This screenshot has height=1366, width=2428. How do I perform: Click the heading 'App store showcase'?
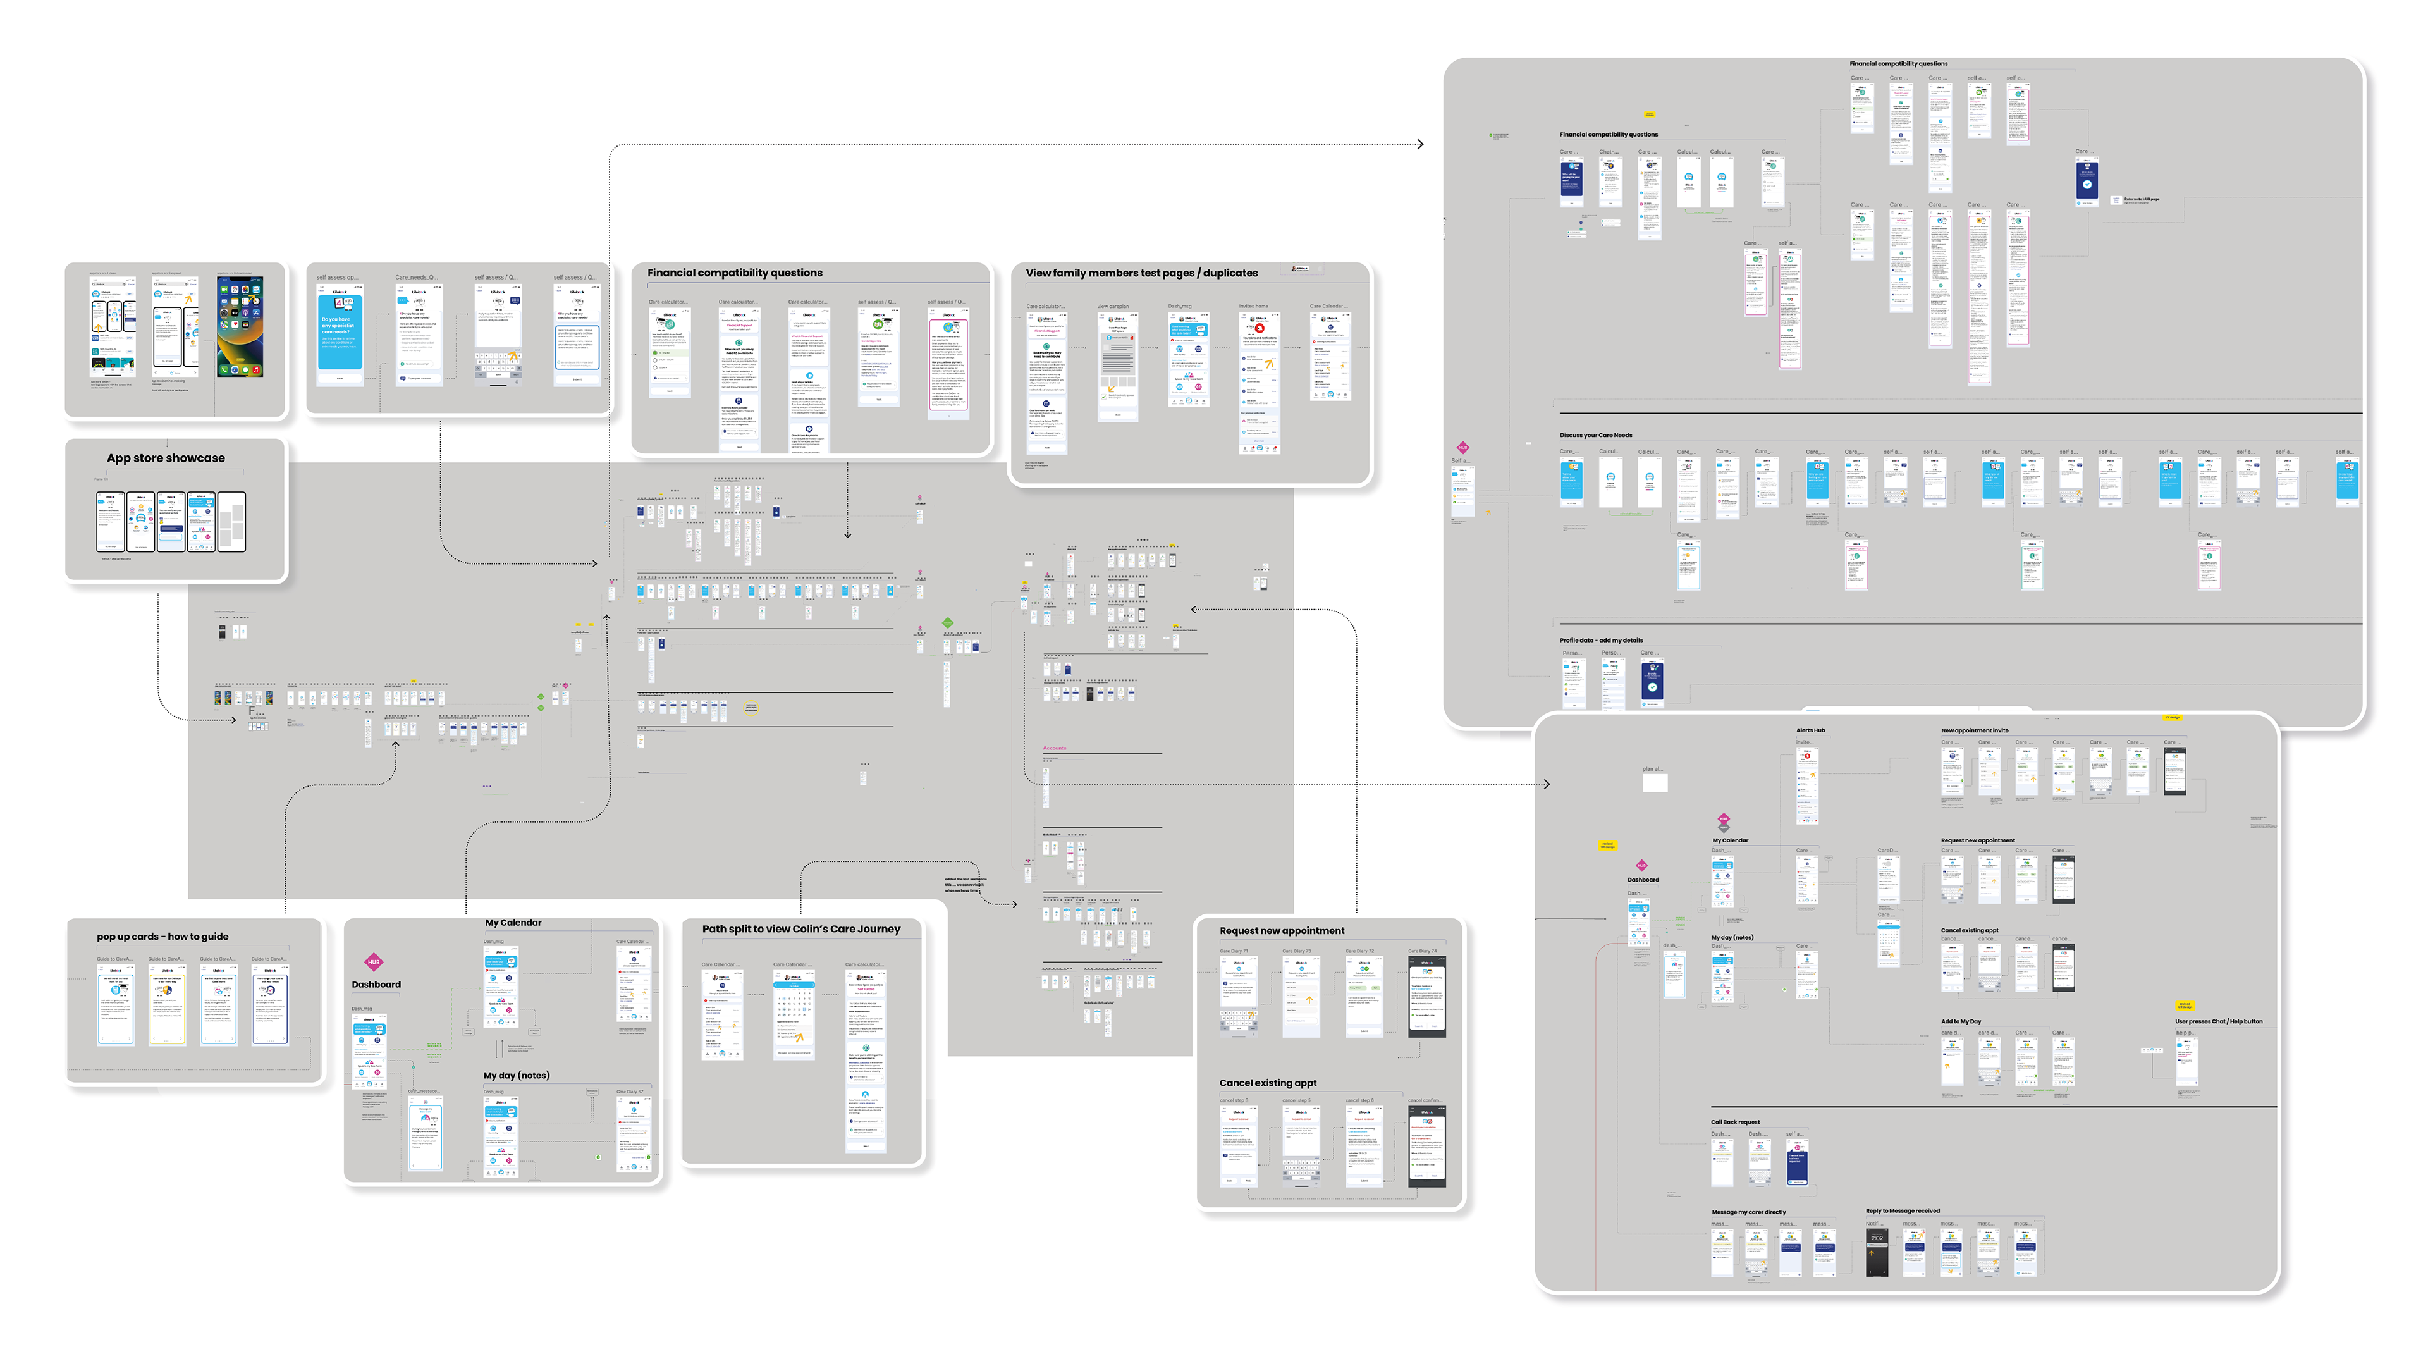pos(166,458)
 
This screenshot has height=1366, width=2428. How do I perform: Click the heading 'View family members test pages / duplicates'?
pos(1141,273)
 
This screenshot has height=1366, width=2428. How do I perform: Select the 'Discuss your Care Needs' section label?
pos(1596,436)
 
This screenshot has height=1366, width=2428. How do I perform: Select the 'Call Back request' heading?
pos(1735,1123)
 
